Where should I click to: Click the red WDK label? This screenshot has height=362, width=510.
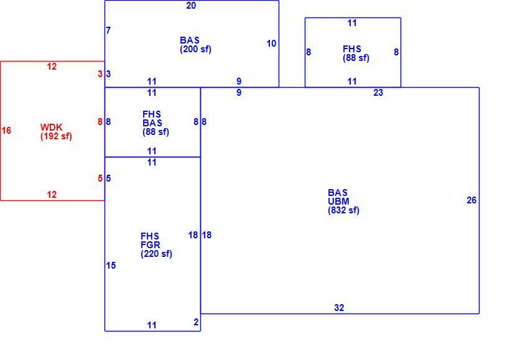click(52, 127)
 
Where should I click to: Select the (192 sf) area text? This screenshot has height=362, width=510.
click(56, 136)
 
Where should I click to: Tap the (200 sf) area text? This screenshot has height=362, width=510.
click(195, 49)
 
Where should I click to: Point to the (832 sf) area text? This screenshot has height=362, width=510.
click(343, 210)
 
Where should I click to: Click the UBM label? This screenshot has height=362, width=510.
click(338, 202)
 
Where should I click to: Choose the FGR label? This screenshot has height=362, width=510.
click(151, 245)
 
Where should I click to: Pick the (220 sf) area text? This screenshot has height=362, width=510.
click(156, 254)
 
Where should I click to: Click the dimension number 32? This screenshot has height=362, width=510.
click(339, 308)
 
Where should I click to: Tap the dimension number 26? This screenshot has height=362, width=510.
click(471, 200)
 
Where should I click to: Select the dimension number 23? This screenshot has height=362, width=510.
click(378, 93)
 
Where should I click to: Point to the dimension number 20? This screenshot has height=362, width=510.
click(191, 6)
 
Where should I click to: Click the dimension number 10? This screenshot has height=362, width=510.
click(271, 44)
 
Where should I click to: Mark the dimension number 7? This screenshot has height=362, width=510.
click(108, 30)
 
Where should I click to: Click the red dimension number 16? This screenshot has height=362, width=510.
click(6, 131)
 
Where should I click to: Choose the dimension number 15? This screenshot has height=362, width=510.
click(111, 266)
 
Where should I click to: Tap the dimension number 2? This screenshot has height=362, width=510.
click(196, 322)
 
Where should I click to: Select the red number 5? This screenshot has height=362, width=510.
click(100, 179)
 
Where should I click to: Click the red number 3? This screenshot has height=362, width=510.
click(100, 74)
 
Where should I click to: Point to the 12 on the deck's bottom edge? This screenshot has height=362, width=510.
click(52, 195)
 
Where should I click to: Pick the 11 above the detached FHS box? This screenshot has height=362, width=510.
click(352, 23)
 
